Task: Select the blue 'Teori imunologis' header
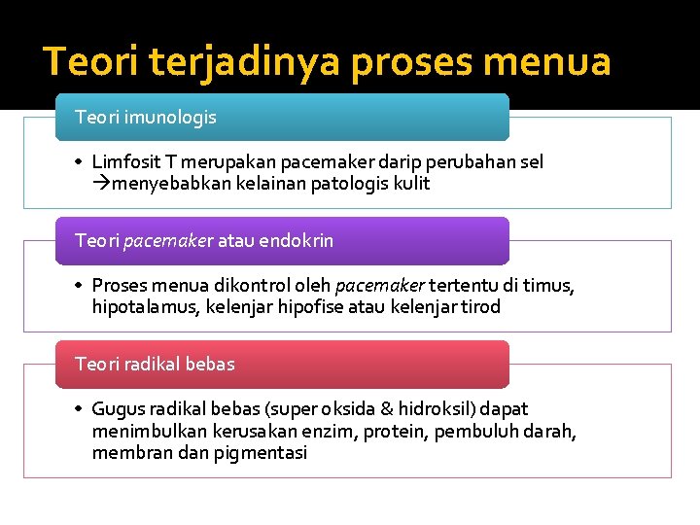pyautogui.click(x=282, y=118)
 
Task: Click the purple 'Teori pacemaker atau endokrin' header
pyautogui.click(x=282, y=241)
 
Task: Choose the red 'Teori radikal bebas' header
pyautogui.click(x=282, y=365)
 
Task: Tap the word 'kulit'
pyautogui.click(x=411, y=184)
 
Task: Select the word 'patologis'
pyautogui.click(x=347, y=184)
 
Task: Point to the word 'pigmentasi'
pyautogui.click(x=263, y=452)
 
